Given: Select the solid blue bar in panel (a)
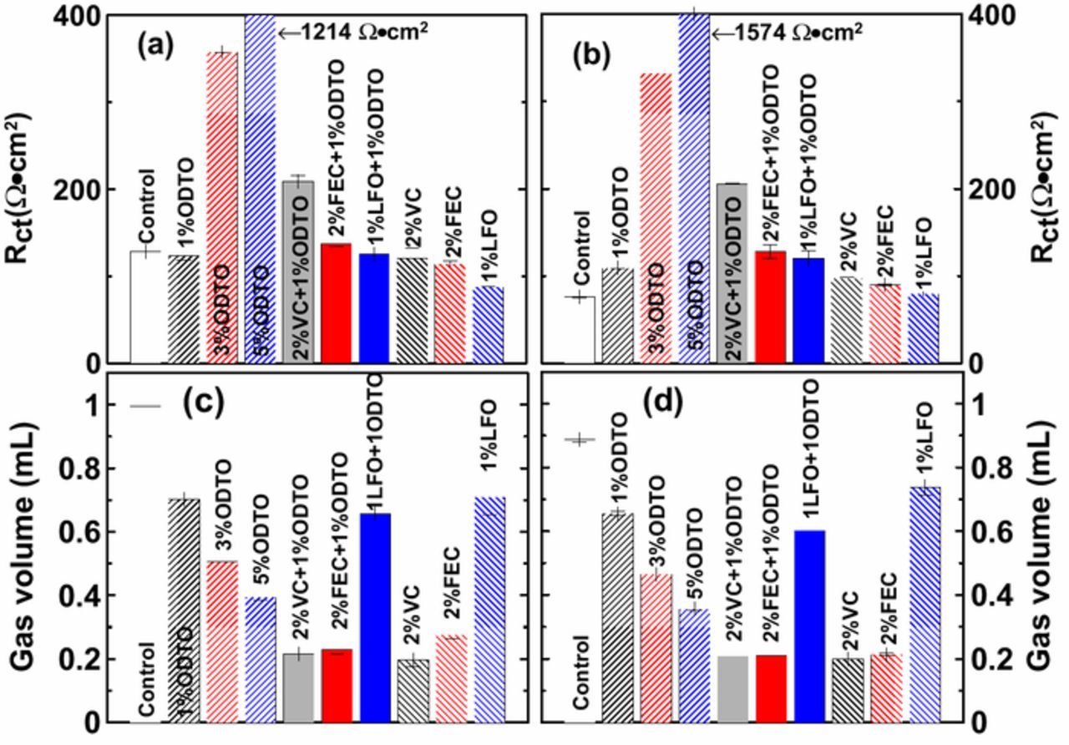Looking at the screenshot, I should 374,308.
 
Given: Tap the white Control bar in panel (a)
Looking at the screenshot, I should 144,307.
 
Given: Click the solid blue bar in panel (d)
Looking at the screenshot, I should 808,626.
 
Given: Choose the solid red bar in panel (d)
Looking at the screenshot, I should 770,688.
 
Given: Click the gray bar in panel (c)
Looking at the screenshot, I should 298,688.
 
